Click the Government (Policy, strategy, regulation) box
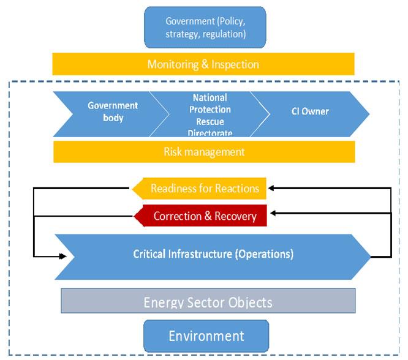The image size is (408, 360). (x=205, y=28)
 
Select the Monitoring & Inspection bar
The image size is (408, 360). (x=203, y=64)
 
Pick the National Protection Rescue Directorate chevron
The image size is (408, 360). (x=210, y=114)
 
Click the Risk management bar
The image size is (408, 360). (x=204, y=152)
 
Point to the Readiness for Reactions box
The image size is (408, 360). (x=199, y=189)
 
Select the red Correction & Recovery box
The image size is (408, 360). (x=200, y=216)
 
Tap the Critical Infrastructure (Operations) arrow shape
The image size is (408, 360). (x=213, y=257)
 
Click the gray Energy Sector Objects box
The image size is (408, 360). (x=208, y=301)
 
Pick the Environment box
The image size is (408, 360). (x=206, y=336)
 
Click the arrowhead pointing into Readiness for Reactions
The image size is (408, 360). (x=271, y=188)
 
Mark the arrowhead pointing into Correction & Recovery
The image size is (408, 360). (x=273, y=213)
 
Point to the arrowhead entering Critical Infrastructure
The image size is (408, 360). (x=62, y=257)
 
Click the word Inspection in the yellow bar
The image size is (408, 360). (x=235, y=64)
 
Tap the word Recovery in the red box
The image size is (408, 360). (x=235, y=216)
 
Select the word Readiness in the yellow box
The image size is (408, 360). (x=173, y=189)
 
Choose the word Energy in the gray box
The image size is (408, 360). (x=164, y=303)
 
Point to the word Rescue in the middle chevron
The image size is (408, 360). (x=210, y=121)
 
